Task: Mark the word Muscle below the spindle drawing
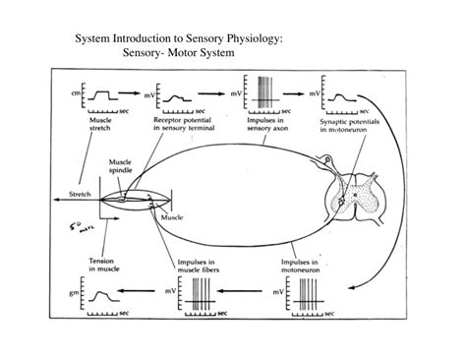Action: click(171, 215)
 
